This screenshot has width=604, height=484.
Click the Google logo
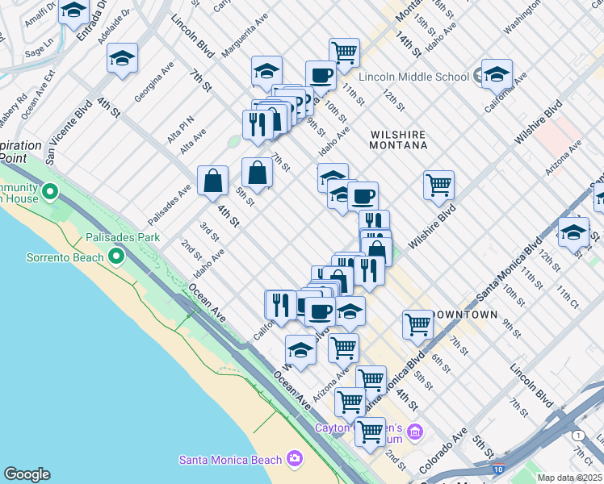[27, 474]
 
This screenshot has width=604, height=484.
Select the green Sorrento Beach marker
[115, 257]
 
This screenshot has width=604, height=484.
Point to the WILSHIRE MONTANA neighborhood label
[398, 140]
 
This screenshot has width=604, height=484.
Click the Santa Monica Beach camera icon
[294, 460]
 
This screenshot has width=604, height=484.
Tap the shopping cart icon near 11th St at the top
[344, 52]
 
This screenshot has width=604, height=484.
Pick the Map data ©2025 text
[569, 478]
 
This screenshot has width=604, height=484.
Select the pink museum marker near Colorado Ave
[414, 432]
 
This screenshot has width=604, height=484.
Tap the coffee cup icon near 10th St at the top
[321, 75]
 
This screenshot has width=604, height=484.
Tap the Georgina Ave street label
[154, 81]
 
